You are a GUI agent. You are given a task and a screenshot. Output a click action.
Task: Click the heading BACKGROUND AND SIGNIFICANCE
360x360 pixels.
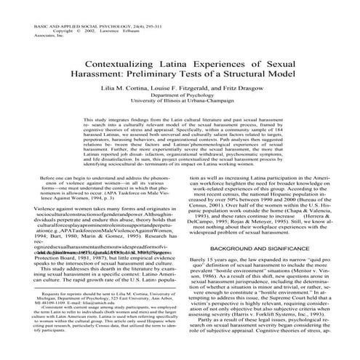click(265, 247)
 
